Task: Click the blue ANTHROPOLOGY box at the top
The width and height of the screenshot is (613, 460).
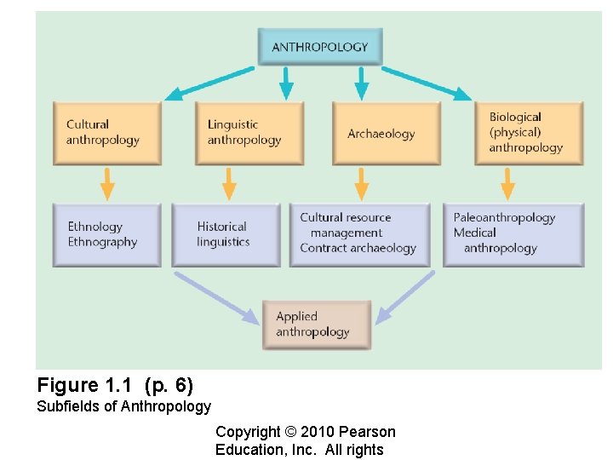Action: point(319,47)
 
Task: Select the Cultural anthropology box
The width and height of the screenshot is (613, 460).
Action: point(106,133)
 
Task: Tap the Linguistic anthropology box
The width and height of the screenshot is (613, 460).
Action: point(249,133)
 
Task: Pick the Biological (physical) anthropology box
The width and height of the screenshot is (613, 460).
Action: point(528,133)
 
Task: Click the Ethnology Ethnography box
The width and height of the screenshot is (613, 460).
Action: point(106,234)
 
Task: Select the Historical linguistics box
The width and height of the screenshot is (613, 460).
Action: point(226,234)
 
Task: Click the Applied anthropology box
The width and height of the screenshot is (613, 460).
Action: point(317,325)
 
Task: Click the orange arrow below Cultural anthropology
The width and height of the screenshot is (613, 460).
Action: point(106,183)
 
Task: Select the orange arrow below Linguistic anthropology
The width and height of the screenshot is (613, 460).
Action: point(228,183)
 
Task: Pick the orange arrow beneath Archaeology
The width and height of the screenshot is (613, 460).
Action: point(362,183)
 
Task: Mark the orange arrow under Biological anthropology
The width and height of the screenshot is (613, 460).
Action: point(508,183)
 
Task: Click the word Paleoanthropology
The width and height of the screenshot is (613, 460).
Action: point(504,218)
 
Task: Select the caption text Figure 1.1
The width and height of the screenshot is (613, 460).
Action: point(86,384)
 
